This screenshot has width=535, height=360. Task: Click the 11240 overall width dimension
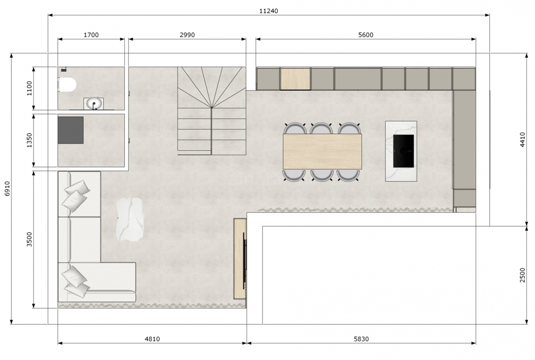coord(269,11)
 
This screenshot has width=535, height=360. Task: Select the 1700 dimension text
coord(91,35)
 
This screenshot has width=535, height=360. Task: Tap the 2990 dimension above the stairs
coord(187,35)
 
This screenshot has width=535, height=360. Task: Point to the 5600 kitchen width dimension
coord(366,35)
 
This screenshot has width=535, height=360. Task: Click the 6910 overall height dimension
coord(8,188)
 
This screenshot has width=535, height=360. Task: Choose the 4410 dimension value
coord(523,139)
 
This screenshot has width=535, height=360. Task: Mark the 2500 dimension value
coord(523,275)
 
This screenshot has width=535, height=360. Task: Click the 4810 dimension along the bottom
coord(152,339)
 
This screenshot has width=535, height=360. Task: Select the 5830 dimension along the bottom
coord(361,339)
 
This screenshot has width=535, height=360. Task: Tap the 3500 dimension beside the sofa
coord(29,239)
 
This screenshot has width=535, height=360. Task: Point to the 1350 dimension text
coord(29,140)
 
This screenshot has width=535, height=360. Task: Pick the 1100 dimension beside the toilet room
coord(29,88)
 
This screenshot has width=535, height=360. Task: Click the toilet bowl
coord(67,85)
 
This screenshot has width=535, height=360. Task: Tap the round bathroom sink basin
coord(94,103)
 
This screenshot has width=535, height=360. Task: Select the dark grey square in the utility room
coord(71,130)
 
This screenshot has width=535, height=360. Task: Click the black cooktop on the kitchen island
coord(403,151)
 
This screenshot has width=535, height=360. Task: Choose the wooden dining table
coord(322,151)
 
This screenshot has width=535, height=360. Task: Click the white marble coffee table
coord(130,219)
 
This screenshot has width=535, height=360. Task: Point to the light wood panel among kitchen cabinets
coord(295,79)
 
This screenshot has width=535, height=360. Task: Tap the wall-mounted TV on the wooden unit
coord(244,261)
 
